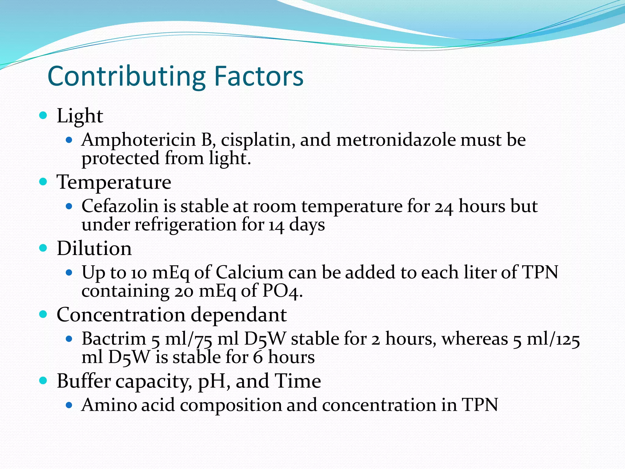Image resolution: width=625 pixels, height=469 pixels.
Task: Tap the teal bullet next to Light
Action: [x=43, y=115]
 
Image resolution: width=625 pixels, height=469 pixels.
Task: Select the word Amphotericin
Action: [x=138, y=140]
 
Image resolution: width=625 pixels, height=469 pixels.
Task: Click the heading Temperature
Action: [x=114, y=182]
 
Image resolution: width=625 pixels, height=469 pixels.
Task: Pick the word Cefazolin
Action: [x=120, y=206]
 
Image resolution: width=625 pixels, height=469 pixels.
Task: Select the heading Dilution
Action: [x=94, y=248]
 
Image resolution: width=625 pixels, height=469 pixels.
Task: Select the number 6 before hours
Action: [x=258, y=358]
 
